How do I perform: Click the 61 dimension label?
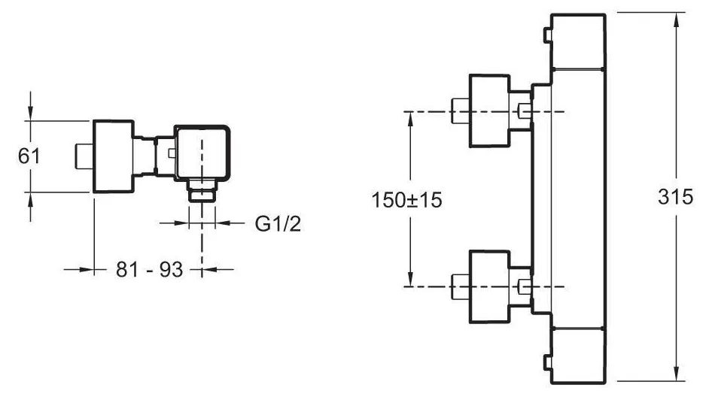pos(29,156)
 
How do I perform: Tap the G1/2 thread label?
pos(278,223)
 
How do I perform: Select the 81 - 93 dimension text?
pos(149,269)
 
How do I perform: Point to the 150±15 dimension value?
pos(407,200)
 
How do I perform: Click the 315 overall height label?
pos(676,197)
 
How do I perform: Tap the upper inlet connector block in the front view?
pos(489,111)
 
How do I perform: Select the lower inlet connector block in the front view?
pos(489,286)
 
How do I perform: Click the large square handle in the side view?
pos(113,156)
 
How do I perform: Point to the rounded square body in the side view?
pos(202,152)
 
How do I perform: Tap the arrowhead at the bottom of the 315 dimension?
pos(677,374)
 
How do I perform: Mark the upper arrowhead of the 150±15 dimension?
pos(410,118)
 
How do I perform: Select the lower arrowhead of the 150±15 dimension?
pos(410,280)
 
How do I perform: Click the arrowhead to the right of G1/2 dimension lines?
pos(223,223)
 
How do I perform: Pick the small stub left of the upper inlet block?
pos(460,111)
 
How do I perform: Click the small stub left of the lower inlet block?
pos(460,286)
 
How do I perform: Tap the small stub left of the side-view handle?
pos(84,156)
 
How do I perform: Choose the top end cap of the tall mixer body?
pos(578,42)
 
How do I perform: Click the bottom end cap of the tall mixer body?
pos(578,356)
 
